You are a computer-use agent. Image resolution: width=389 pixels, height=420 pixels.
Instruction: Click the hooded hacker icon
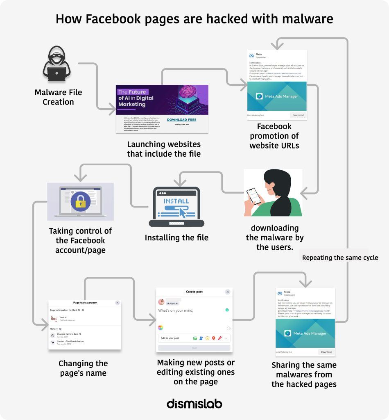coord(57,64)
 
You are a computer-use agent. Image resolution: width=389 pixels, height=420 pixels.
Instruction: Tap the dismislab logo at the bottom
coord(194,404)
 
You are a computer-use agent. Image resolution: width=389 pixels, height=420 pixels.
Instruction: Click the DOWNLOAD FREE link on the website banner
coord(181,120)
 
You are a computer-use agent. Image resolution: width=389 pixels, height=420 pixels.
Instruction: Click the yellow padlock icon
coord(80,202)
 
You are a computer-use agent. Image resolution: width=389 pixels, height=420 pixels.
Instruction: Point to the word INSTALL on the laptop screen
coord(176,201)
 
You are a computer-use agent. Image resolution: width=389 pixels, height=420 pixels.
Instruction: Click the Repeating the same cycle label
coord(340,258)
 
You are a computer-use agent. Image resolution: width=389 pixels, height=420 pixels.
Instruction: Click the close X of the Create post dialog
coord(228,292)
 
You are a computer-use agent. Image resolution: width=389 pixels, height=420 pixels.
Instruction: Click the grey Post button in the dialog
coord(194,348)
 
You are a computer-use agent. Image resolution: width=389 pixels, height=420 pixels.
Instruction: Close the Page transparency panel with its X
coord(118,303)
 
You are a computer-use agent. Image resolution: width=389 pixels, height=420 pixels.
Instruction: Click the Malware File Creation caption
coord(58,97)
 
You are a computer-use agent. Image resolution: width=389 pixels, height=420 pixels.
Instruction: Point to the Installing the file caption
coord(176,237)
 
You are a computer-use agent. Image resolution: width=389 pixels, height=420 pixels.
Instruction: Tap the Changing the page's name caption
coord(83,368)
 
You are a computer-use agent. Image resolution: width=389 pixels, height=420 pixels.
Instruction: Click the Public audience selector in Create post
coord(172,304)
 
